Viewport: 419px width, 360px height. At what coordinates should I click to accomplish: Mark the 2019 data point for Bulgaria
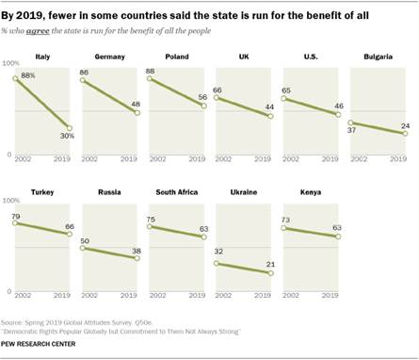[405, 134]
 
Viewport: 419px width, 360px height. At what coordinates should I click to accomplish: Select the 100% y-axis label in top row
[12, 62]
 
